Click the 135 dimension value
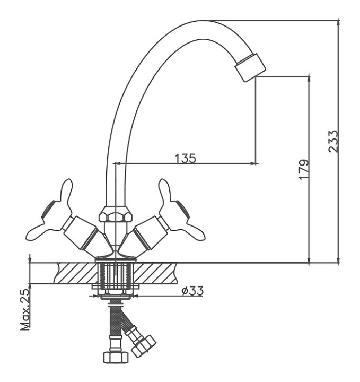[x=185, y=158]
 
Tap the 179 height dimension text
[x=303, y=169]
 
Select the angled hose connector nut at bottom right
[x=144, y=345]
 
